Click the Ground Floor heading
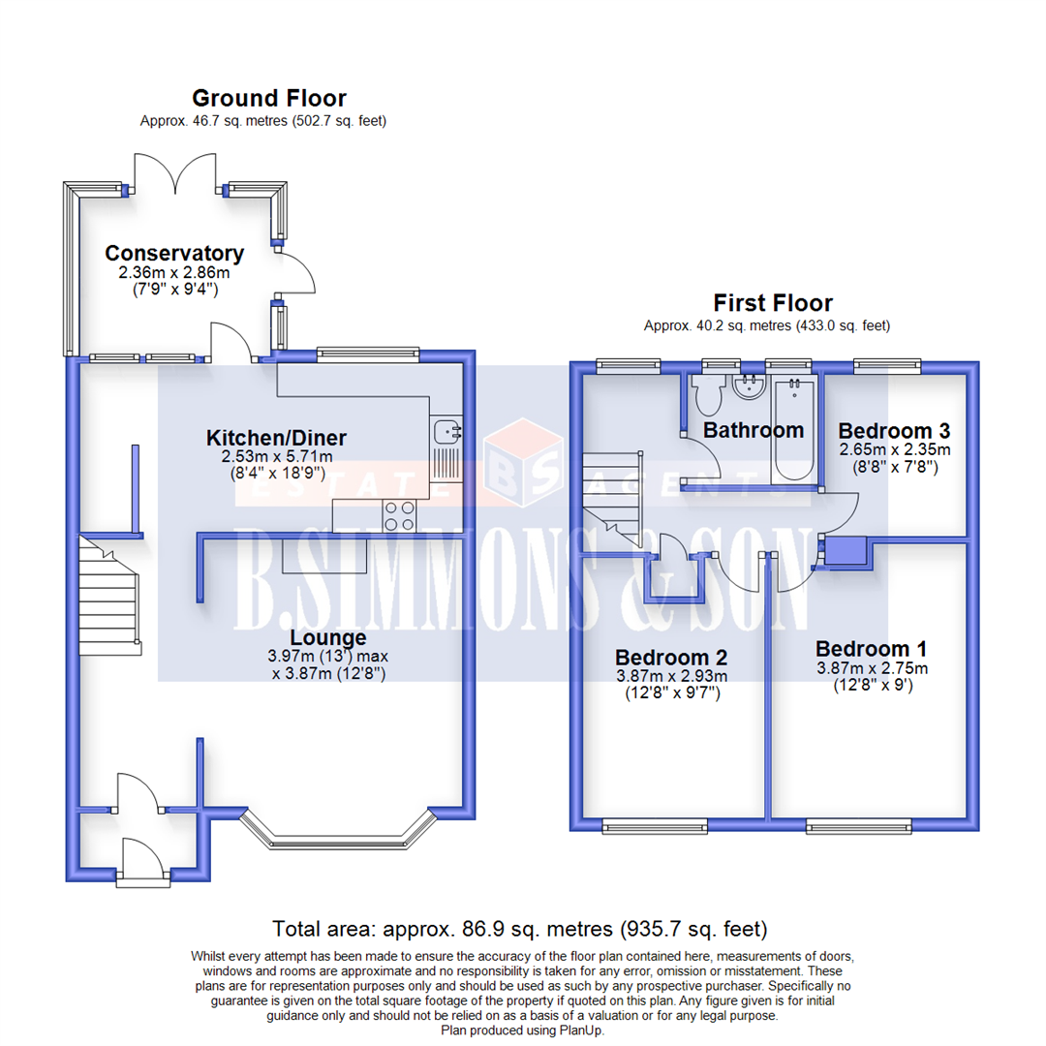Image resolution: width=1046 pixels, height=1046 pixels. [268, 98]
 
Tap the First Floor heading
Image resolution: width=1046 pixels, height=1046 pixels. [773, 303]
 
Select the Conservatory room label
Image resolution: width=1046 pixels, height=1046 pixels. [174, 254]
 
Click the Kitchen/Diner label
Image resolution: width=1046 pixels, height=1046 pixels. [277, 438]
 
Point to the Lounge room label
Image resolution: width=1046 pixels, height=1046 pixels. [329, 638]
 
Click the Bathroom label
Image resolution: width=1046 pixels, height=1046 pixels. [754, 429]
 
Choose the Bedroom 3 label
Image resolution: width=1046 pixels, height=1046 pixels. [894, 430]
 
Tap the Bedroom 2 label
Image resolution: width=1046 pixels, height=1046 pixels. [670, 656]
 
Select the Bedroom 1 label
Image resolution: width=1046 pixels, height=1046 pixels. [872, 649]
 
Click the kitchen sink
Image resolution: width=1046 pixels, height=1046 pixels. [446, 431]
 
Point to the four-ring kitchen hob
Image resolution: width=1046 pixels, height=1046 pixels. [398, 515]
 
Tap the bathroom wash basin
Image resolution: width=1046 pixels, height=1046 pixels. [747, 388]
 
